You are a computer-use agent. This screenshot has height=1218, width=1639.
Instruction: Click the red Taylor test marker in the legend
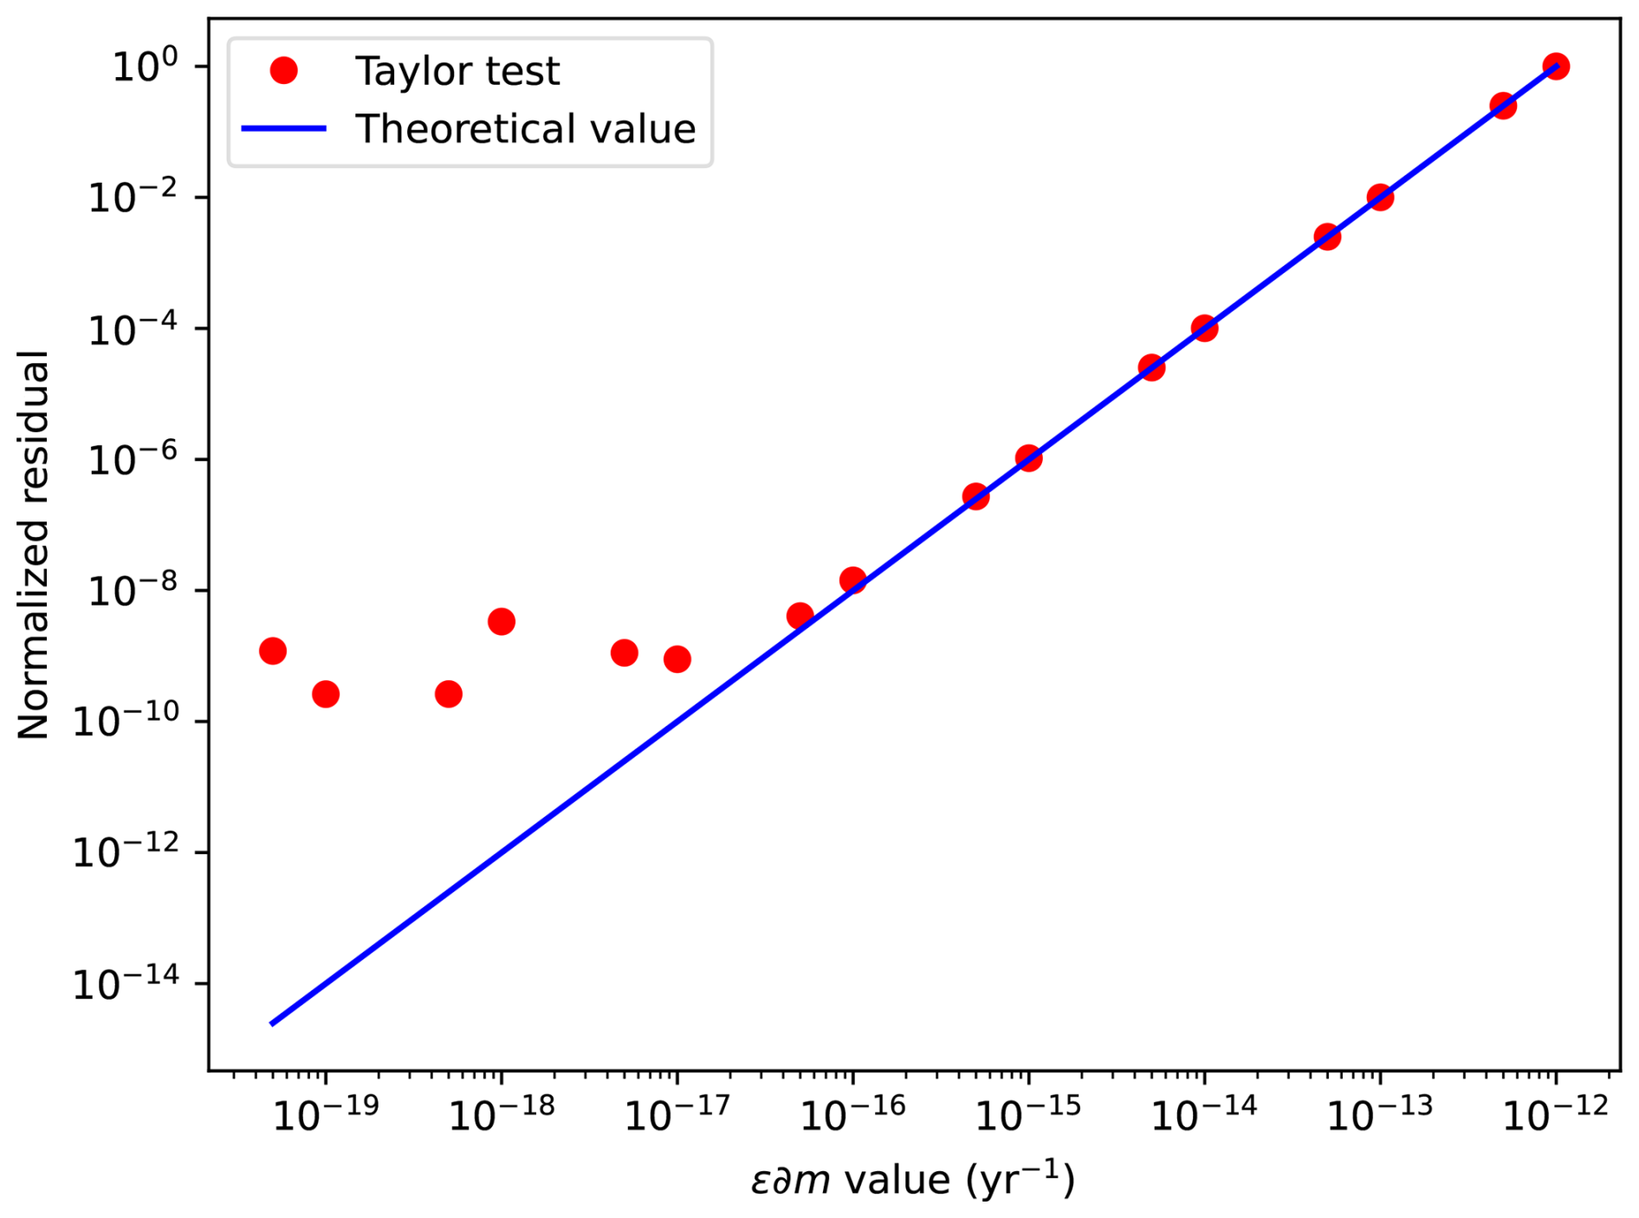(283, 71)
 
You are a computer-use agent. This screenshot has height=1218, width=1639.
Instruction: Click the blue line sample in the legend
(283, 129)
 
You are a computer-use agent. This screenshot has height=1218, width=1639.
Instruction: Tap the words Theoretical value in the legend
(525, 129)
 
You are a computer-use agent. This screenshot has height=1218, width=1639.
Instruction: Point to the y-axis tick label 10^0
(145, 68)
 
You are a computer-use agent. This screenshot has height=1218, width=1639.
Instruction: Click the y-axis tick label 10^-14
(125, 985)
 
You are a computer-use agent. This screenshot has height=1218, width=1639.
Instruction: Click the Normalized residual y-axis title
(35, 545)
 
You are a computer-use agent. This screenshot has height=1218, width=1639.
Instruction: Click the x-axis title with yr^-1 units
(913, 1180)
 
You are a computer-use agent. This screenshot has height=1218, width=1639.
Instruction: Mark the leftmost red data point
(273, 651)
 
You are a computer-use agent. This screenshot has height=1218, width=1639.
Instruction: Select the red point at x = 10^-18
(502, 621)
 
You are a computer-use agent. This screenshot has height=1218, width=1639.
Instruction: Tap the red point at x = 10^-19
(326, 694)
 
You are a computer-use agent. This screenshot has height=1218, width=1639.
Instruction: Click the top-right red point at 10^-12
(1556, 67)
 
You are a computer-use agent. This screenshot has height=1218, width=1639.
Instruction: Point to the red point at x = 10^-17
(677, 659)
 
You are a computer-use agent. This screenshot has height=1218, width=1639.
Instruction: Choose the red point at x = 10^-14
(1204, 328)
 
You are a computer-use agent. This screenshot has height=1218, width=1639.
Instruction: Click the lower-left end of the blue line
(273, 1023)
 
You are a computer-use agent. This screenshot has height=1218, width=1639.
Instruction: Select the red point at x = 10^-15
(1028, 458)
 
